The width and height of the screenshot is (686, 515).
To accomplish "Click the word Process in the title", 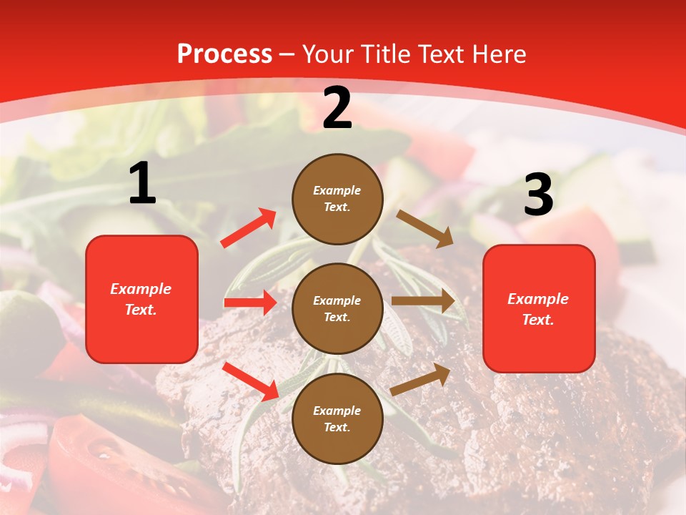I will (224, 54).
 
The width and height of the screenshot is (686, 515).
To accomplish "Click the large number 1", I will (142, 184).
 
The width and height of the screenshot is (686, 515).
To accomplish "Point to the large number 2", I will (337, 108).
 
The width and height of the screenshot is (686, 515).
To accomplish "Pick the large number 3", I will (539, 195).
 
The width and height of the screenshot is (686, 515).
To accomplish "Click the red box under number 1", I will (141, 299).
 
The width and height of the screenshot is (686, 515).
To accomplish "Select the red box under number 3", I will (539, 308).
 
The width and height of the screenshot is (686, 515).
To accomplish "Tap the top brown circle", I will (337, 198).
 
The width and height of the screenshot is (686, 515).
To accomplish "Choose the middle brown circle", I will (337, 308).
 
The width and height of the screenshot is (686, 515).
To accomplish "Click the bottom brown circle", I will (337, 418).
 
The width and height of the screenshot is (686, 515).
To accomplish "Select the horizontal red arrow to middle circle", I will (250, 303).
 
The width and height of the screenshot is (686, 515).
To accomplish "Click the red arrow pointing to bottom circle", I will (250, 381).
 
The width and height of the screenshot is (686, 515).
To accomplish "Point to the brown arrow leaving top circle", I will (425, 229).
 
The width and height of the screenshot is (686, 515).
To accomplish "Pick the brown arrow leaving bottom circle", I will (421, 379).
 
